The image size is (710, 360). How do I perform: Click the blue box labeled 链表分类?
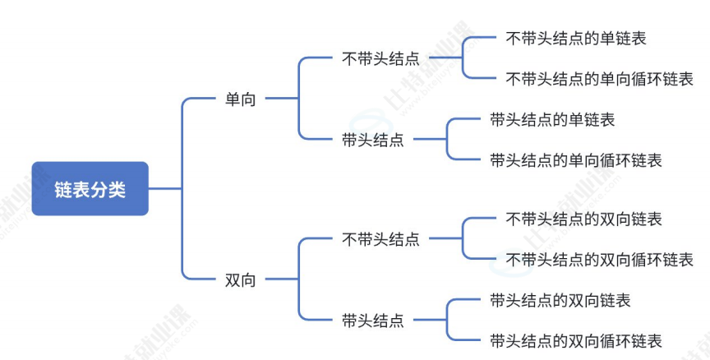90,189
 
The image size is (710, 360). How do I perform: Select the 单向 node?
240,99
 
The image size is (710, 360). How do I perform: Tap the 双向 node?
240,280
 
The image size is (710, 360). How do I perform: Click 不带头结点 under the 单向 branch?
380,58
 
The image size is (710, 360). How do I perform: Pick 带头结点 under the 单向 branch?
372,140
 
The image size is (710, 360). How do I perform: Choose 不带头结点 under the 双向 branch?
380,239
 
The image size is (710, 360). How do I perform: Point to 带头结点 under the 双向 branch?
372,321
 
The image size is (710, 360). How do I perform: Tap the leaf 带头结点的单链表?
552,120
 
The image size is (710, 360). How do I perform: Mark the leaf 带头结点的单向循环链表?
575,160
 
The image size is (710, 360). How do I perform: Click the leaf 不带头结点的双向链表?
584,219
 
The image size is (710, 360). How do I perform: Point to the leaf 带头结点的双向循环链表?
575,340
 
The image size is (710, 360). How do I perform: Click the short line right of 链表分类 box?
164,189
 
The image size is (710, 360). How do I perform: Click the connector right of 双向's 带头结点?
429,321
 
